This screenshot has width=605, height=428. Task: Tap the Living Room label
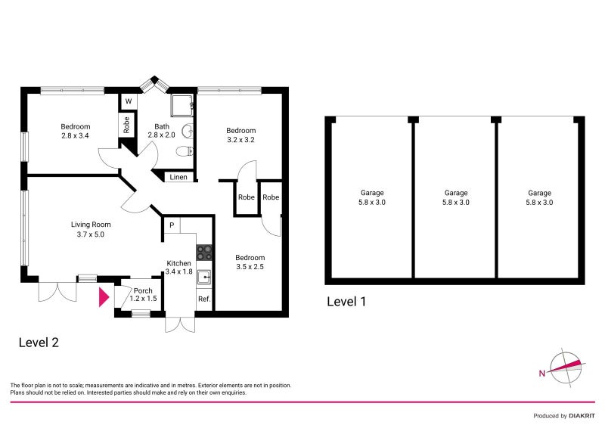pyautogui.click(x=91, y=229)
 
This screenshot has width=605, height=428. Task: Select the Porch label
pyautogui.click(x=143, y=294)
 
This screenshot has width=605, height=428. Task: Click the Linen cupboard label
pyautogui.click(x=178, y=178)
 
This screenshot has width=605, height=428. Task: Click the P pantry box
pyautogui.click(x=172, y=225)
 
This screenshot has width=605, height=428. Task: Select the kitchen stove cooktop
pyautogui.click(x=204, y=252)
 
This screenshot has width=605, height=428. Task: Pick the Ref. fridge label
pyautogui.click(x=203, y=299)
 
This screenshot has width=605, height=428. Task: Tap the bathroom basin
pyautogui.click(x=189, y=131)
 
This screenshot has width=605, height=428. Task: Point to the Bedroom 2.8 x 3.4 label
pyautogui.click(x=76, y=131)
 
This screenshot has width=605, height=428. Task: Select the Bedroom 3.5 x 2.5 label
pyautogui.click(x=250, y=262)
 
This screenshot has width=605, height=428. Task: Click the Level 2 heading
pyautogui.click(x=39, y=342)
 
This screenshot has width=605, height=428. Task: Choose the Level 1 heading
pyautogui.click(x=346, y=301)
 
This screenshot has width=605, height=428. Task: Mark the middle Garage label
pyautogui.click(x=456, y=197)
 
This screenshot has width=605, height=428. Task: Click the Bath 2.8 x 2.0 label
pyautogui.click(x=162, y=131)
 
